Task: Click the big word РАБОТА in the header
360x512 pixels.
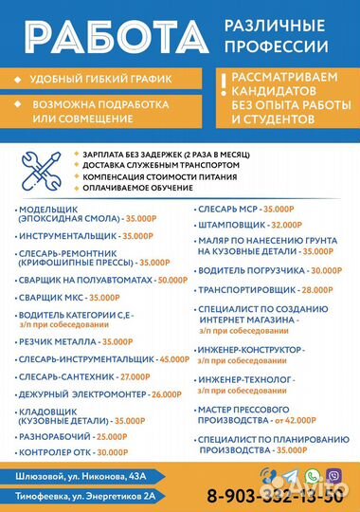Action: coord(108,35)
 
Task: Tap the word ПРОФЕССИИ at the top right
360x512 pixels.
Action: coord(277,46)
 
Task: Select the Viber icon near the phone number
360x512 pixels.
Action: coord(333,475)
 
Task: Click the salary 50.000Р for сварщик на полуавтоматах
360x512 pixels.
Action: coord(171,280)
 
